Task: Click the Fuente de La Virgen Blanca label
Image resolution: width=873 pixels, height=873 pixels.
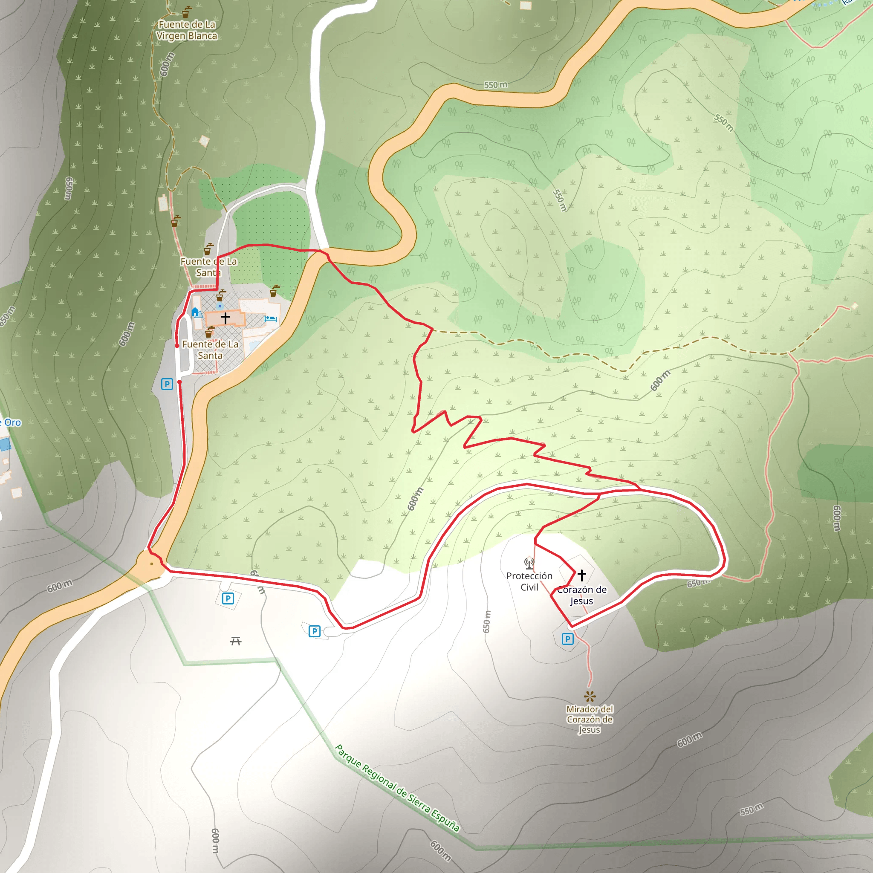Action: click(187, 30)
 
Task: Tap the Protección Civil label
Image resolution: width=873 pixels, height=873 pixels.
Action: click(529, 581)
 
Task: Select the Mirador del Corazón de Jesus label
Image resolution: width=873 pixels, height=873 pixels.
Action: click(590, 720)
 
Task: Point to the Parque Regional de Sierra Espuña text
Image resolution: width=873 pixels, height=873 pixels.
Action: click(397, 788)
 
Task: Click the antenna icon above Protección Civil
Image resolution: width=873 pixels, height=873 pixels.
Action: click(529, 564)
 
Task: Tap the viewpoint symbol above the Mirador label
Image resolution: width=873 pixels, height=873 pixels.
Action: click(590, 696)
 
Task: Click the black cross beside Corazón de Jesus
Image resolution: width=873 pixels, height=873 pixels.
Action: click(582, 575)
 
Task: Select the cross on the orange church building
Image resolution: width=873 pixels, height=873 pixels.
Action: click(225, 318)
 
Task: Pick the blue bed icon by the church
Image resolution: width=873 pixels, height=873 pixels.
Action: click(271, 319)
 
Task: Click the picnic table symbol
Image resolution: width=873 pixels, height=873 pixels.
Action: click(235, 641)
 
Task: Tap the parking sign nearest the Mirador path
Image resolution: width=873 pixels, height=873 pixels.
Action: click(567, 639)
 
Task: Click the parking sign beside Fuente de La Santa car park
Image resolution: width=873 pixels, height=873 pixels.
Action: click(167, 384)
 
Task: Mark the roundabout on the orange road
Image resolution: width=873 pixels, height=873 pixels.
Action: click(151, 564)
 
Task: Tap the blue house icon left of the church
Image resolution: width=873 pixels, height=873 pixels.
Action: click(195, 312)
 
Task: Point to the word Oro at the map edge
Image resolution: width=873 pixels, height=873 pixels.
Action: click(13, 423)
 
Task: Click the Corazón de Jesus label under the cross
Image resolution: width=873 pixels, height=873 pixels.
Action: click(581, 595)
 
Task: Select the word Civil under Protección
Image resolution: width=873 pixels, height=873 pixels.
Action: click(529, 587)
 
